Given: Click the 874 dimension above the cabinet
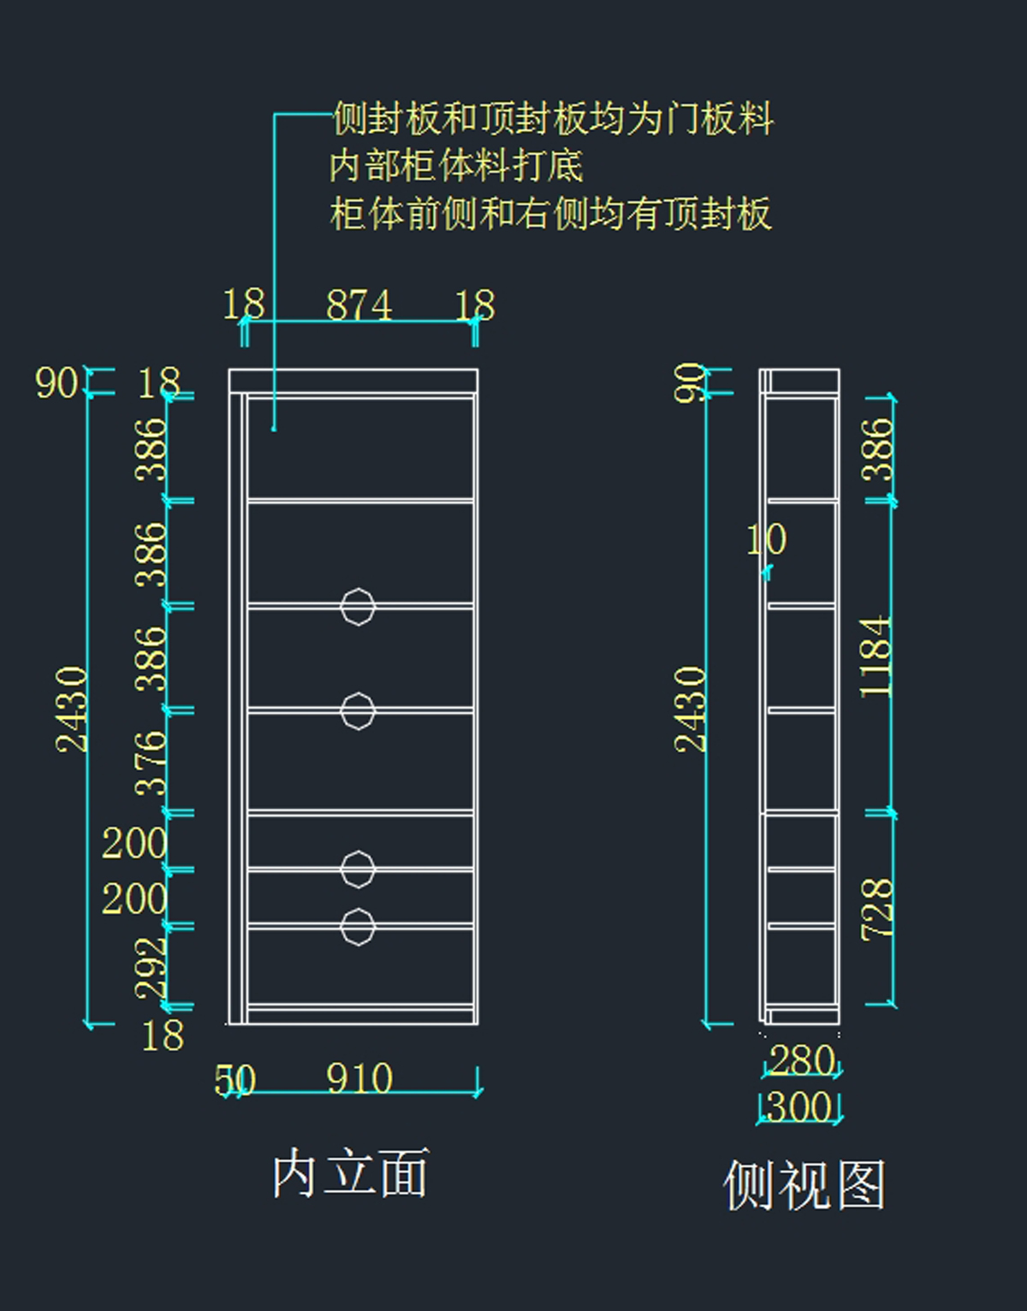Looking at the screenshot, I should click(359, 305).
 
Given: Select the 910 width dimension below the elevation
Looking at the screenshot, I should click(359, 1078).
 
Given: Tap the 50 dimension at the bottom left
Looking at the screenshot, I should click(234, 1080).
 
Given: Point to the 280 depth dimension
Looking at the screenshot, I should click(802, 1060).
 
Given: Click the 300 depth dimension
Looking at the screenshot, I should click(799, 1106).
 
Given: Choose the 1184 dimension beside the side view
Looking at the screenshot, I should click(876, 656).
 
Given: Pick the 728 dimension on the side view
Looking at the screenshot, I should click(877, 909).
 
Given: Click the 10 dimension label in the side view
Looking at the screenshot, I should click(766, 540).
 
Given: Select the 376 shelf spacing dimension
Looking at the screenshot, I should click(151, 762).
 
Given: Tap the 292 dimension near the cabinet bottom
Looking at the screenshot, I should click(151, 967).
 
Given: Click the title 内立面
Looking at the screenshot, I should click(350, 1173).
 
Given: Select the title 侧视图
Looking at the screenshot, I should click(804, 1185).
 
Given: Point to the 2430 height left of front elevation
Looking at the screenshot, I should click(72, 709).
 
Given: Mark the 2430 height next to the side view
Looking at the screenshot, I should click(691, 709).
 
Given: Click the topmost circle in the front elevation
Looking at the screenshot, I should click(358, 607).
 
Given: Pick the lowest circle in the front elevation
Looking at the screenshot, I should click(358, 927).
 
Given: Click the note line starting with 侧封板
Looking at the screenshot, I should click(553, 118).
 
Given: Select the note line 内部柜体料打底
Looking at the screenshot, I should click(456, 165).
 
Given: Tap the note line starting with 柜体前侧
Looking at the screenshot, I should click(550, 213).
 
